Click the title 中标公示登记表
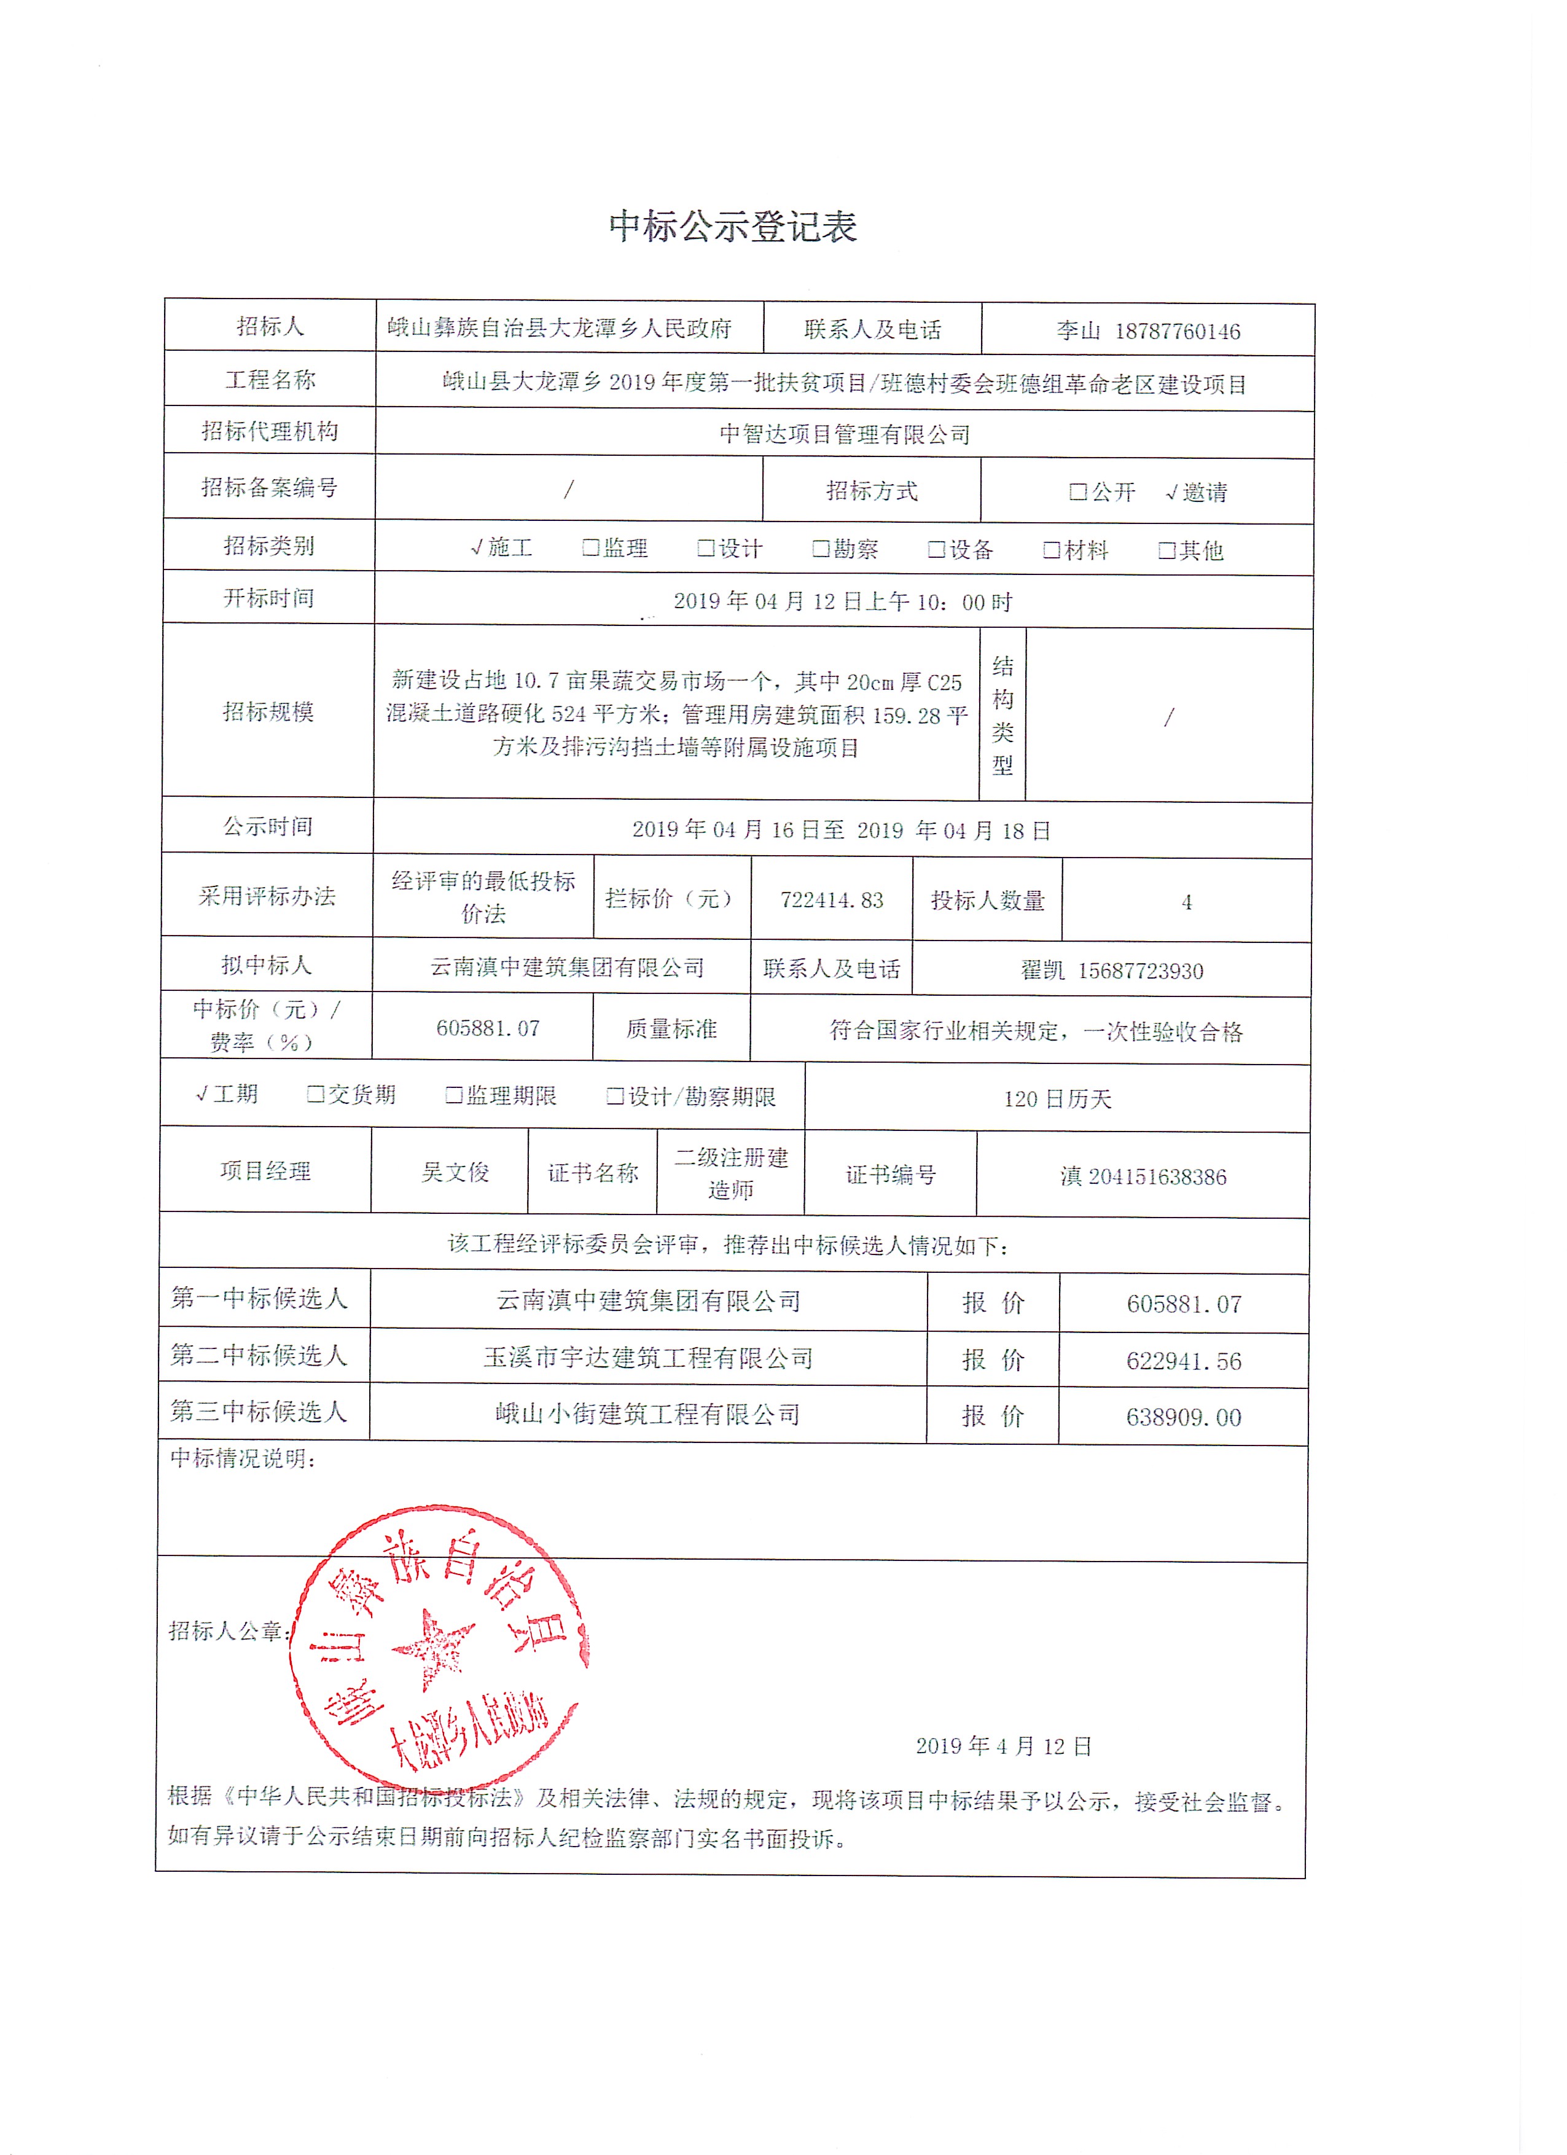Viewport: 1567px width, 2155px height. tap(733, 226)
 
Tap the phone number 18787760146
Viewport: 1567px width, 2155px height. tap(1178, 332)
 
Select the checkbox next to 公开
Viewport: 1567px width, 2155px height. tap(1077, 491)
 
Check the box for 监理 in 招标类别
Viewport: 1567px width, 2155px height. tap(590, 547)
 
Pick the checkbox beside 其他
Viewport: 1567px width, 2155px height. tap(1167, 550)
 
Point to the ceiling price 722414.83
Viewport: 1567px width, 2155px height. tap(832, 900)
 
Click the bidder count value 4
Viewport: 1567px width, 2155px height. tap(1186, 902)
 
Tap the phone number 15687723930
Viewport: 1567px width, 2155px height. tap(1140, 970)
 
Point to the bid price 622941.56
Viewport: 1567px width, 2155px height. tap(1184, 1361)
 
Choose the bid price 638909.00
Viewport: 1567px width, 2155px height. tap(1184, 1417)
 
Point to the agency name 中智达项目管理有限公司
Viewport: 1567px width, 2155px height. tap(845, 434)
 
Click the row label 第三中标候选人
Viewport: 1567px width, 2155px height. tap(259, 1411)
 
